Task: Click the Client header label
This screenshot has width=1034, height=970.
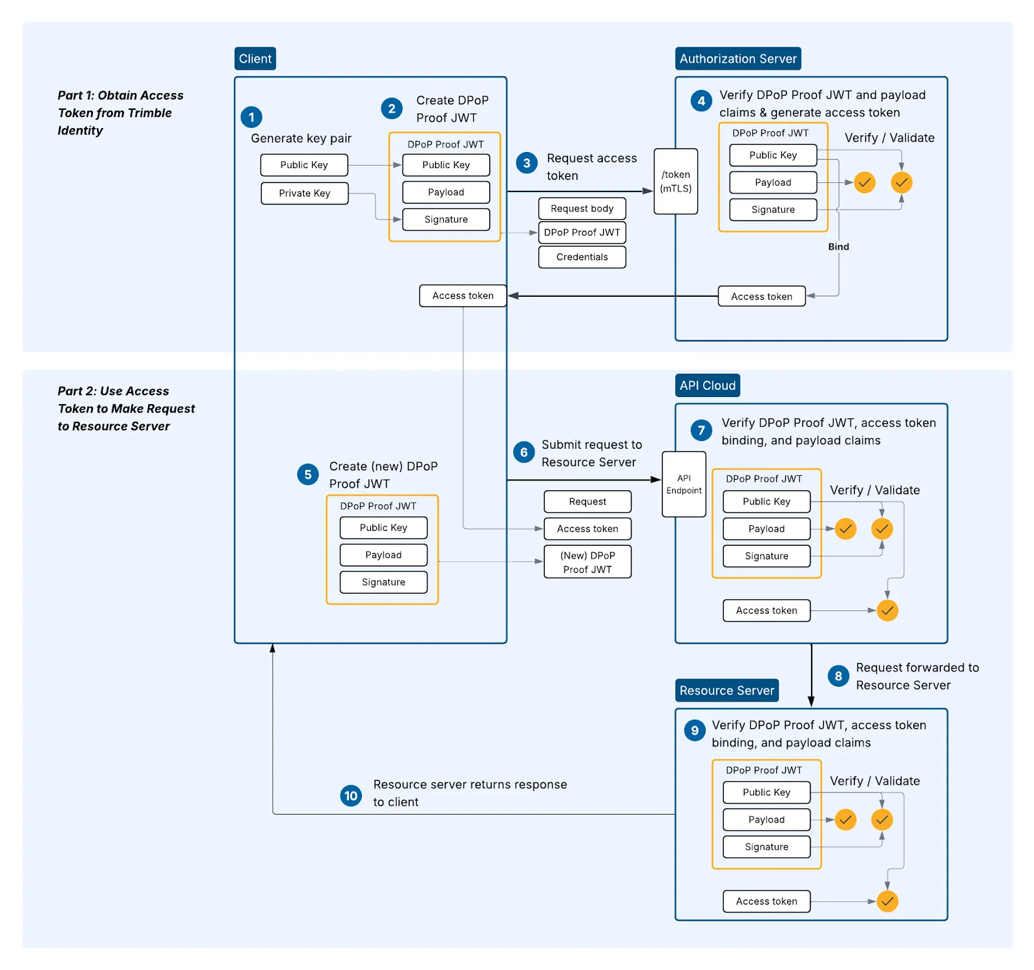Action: pos(255,59)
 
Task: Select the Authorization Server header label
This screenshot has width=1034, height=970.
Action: pos(738,59)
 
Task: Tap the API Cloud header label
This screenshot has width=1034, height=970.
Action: pos(708,385)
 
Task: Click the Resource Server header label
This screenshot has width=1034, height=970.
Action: pos(727,691)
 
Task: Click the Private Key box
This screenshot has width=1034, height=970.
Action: pos(304,193)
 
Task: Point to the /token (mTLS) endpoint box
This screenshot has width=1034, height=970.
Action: pos(676,182)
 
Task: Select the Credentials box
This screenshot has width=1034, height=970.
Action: pos(582,257)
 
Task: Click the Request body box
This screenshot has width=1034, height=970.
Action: pos(582,208)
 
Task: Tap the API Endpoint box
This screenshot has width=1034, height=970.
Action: pos(684,484)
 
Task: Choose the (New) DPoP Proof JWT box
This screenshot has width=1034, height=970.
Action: pos(587,562)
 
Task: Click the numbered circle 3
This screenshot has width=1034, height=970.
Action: pos(527,163)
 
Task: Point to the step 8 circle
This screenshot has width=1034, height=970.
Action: pos(838,676)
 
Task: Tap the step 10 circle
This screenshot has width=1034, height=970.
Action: pos(351,796)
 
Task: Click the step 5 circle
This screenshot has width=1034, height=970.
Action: pos(308,475)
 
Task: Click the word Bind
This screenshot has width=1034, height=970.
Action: pos(839,246)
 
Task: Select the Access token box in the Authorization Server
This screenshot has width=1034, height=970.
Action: pos(762,296)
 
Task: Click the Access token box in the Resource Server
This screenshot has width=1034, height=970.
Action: pos(766,901)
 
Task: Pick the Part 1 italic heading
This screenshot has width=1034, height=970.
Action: pos(120,113)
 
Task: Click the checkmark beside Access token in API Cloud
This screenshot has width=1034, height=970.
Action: pos(887,610)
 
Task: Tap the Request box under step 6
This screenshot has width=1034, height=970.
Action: pos(587,502)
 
